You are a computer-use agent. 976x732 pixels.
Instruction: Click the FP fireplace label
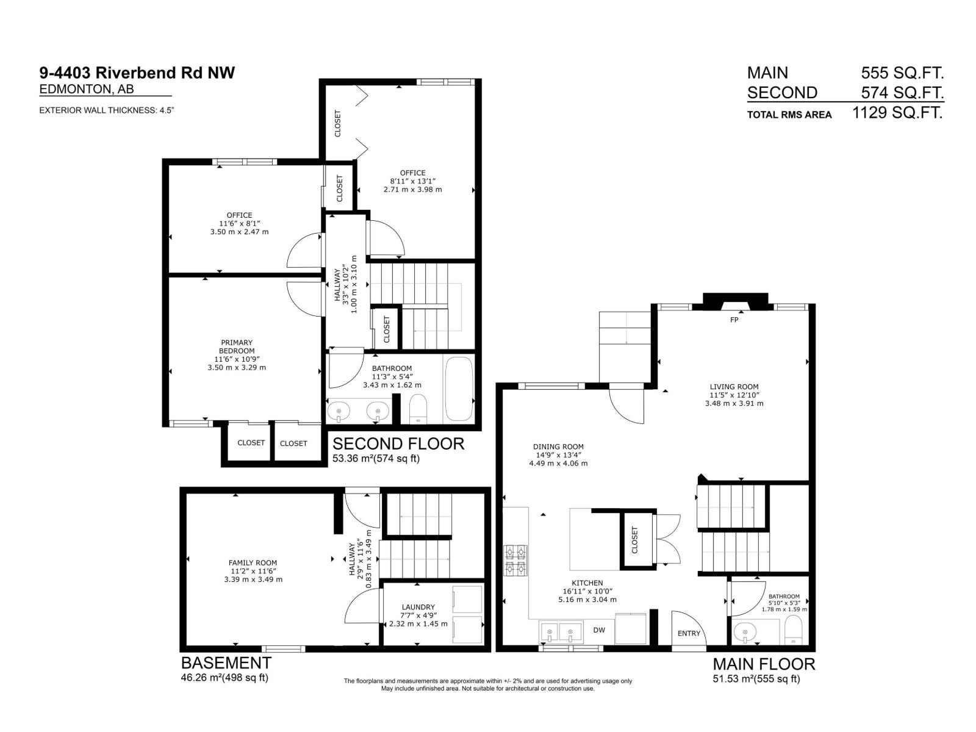pyautogui.click(x=734, y=320)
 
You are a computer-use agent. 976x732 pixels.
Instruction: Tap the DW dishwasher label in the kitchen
pyautogui.click(x=599, y=630)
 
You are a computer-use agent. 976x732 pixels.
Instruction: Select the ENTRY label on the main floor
pyautogui.click(x=689, y=633)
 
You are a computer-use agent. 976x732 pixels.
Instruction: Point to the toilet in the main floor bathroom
pyautogui.click(x=794, y=631)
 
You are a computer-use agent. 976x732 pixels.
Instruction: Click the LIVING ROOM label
pyautogui.click(x=734, y=387)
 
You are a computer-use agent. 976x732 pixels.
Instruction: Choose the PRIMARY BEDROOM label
pyautogui.click(x=237, y=346)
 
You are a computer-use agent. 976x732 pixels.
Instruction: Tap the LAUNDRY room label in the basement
pyautogui.click(x=418, y=607)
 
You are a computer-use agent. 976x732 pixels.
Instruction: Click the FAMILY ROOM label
pyautogui.click(x=253, y=563)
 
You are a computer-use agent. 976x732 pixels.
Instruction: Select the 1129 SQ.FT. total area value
pyautogui.click(x=897, y=113)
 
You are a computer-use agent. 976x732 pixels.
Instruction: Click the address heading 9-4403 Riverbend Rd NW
pyautogui.click(x=137, y=73)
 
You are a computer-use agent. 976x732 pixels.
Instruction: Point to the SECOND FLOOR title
pyautogui.click(x=398, y=443)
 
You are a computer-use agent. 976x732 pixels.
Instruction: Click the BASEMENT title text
pyautogui.click(x=226, y=662)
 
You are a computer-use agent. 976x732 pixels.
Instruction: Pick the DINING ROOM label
pyautogui.click(x=558, y=447)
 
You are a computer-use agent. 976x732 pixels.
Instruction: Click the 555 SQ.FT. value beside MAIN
pyautogui.click(x=902, y=73)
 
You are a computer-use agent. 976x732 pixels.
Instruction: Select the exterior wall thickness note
pyautogui.click(x=107, y=110)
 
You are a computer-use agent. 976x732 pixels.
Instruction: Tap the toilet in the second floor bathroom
pyautogui.click(x=418, y=409)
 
